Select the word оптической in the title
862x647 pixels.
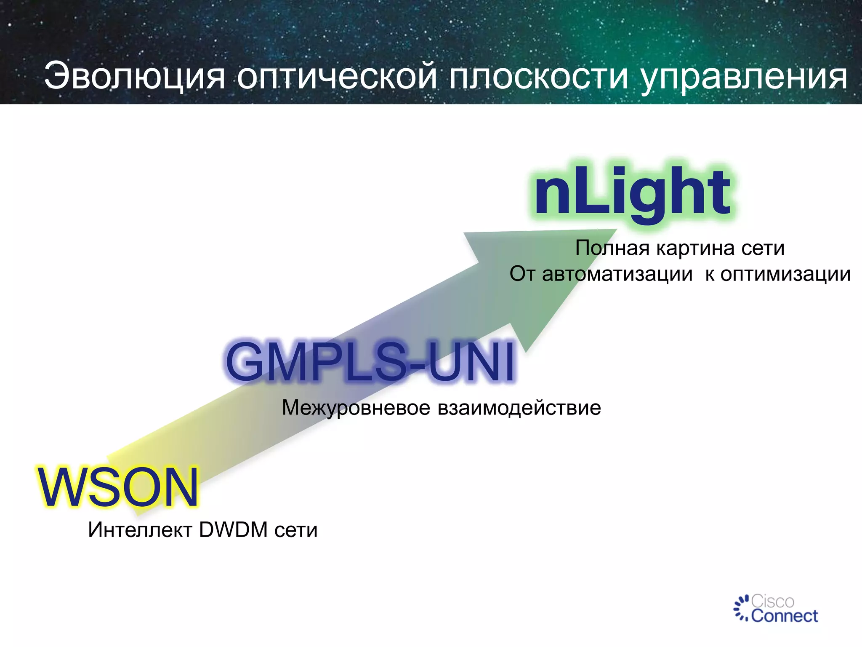(337, 77)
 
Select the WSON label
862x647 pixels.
(118, 487)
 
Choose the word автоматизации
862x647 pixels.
(617, 274)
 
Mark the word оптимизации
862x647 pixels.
(785, 274)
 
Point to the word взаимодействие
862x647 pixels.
(519, 408)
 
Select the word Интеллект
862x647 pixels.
(140, 530)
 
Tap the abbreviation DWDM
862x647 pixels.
(233, 530)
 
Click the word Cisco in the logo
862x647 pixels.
(773, 601)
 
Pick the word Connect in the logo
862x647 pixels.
(785, 616)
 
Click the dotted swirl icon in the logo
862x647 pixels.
(742, 608)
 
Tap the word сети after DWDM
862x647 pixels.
(296, 530)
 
